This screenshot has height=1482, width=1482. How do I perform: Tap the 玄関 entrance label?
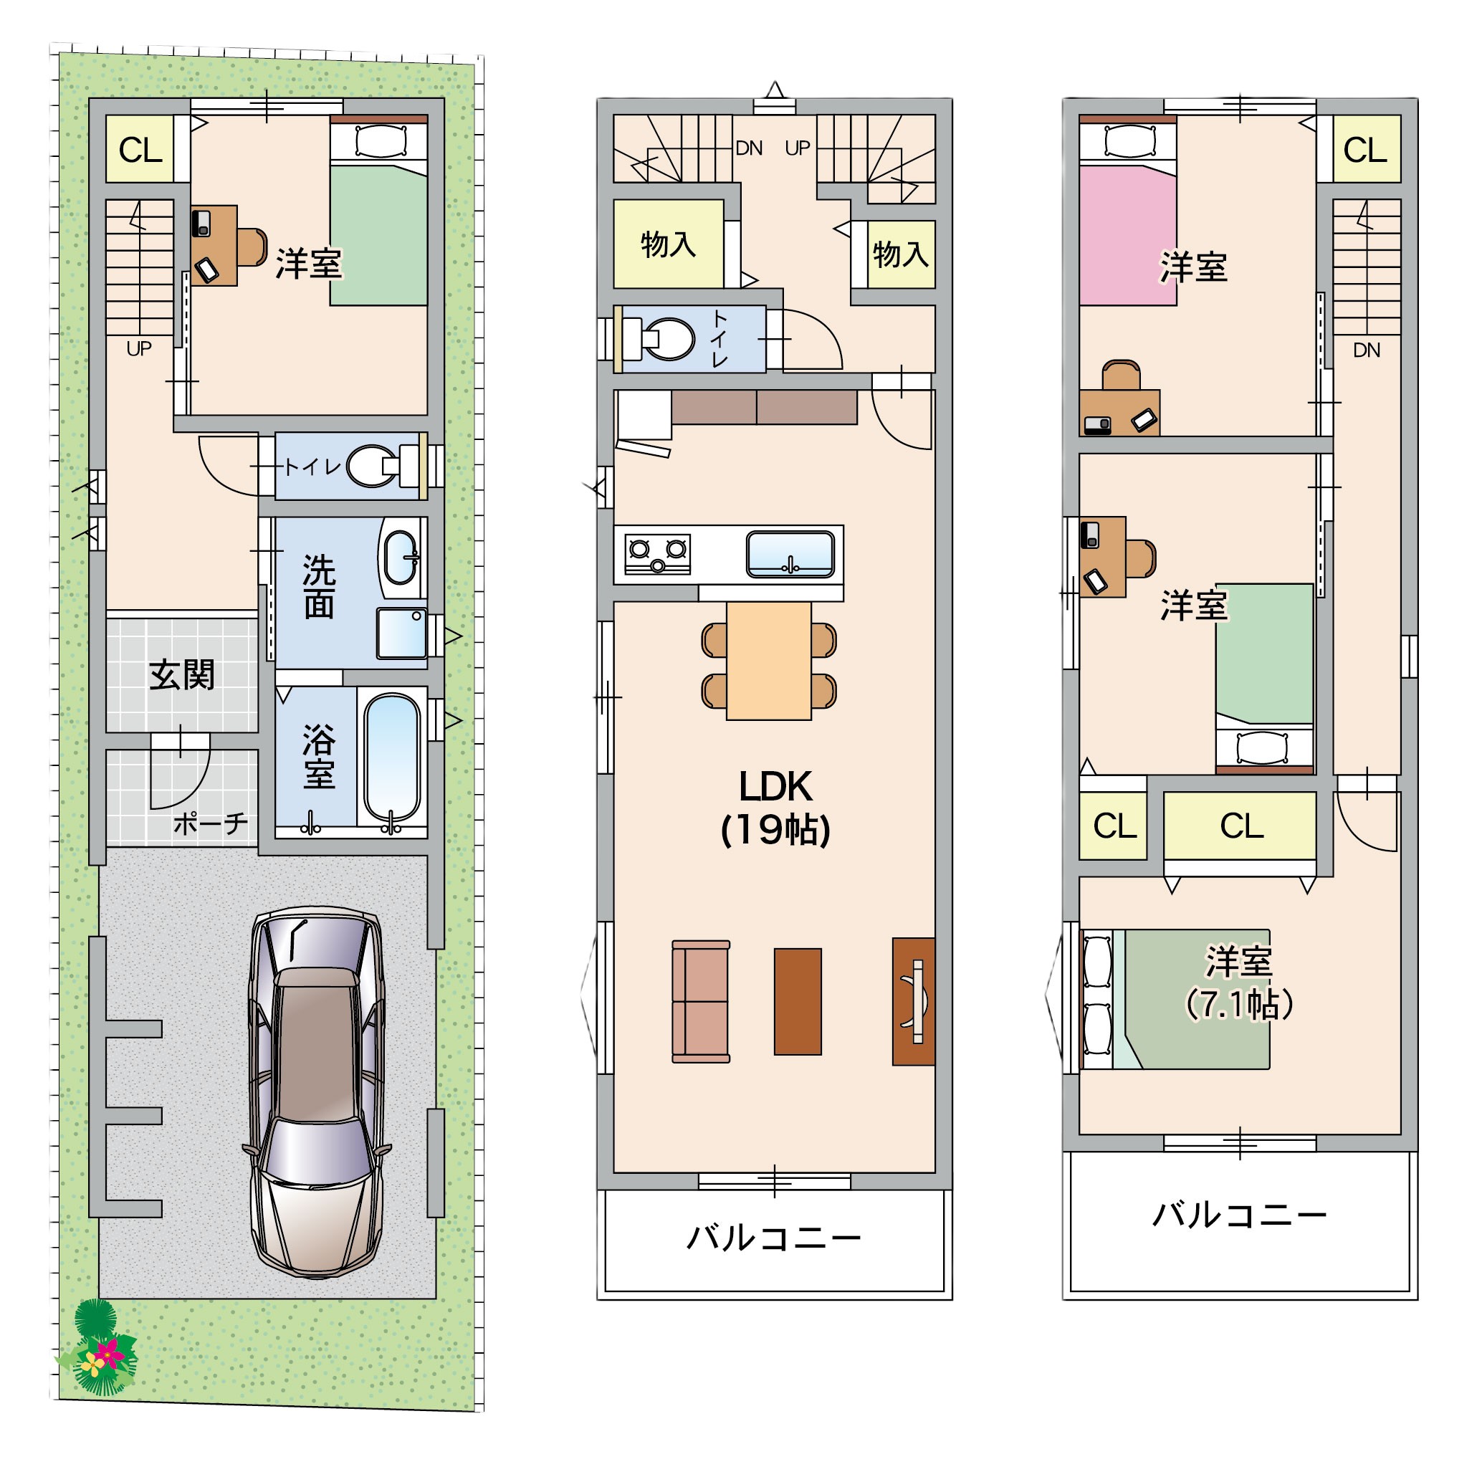coord(182,675)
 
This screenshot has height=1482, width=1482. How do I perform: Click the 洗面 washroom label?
coord(319,586)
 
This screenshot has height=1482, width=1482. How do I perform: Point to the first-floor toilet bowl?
coord(373,466)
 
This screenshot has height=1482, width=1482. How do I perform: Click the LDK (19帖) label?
coord(775,808)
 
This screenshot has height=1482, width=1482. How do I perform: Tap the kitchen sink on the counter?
coord(791,553)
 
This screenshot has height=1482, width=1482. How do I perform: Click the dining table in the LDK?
coord(769,661)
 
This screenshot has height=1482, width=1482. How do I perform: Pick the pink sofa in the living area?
coord(700,1001)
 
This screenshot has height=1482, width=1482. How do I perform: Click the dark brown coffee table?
coord(798,1001)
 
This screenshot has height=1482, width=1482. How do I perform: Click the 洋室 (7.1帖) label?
coord(1240,983)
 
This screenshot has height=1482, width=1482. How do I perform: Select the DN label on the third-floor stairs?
coord(1366,350)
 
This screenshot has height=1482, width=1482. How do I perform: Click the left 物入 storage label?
coord(668,244)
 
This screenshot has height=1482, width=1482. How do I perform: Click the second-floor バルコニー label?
coord(774,1239)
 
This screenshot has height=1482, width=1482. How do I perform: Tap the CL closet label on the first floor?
coord(140,150)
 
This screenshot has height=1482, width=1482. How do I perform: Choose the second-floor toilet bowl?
coord(664,339)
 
